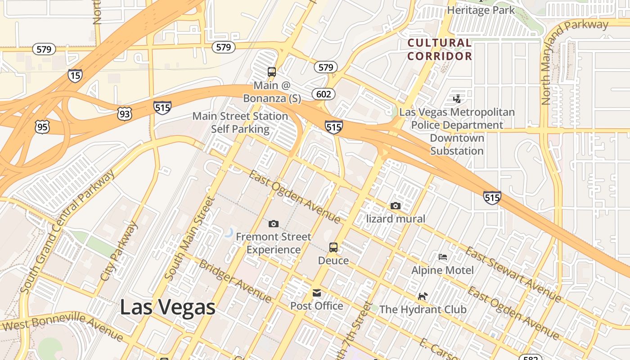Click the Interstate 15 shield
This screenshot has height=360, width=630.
pos(75,75)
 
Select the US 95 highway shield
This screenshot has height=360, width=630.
pos(42,127)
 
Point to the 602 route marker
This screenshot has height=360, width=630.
pos(323,94)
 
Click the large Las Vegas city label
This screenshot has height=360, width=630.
pos(167,307)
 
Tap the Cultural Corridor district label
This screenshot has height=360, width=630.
pos(440,49)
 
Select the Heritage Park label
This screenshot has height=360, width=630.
pos(481,10)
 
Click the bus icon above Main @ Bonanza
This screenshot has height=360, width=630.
pos(272,72)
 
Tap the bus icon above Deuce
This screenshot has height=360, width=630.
pos(333,247)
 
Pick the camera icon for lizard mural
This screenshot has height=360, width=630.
pos(396,206)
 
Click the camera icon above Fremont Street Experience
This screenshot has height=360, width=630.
pos(273,224)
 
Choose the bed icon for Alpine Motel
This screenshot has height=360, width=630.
pos(443,257)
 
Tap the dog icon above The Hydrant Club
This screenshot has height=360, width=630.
pos(423,296)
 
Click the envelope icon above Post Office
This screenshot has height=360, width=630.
pos(317,293)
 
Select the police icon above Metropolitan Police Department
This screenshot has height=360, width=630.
pos(457,99)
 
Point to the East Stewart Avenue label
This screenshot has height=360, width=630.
pos(513,274)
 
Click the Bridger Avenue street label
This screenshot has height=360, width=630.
pos(235,281)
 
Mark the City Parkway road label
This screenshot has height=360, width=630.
pos(118,252)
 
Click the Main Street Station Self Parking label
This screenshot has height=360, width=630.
pos(240,122)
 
